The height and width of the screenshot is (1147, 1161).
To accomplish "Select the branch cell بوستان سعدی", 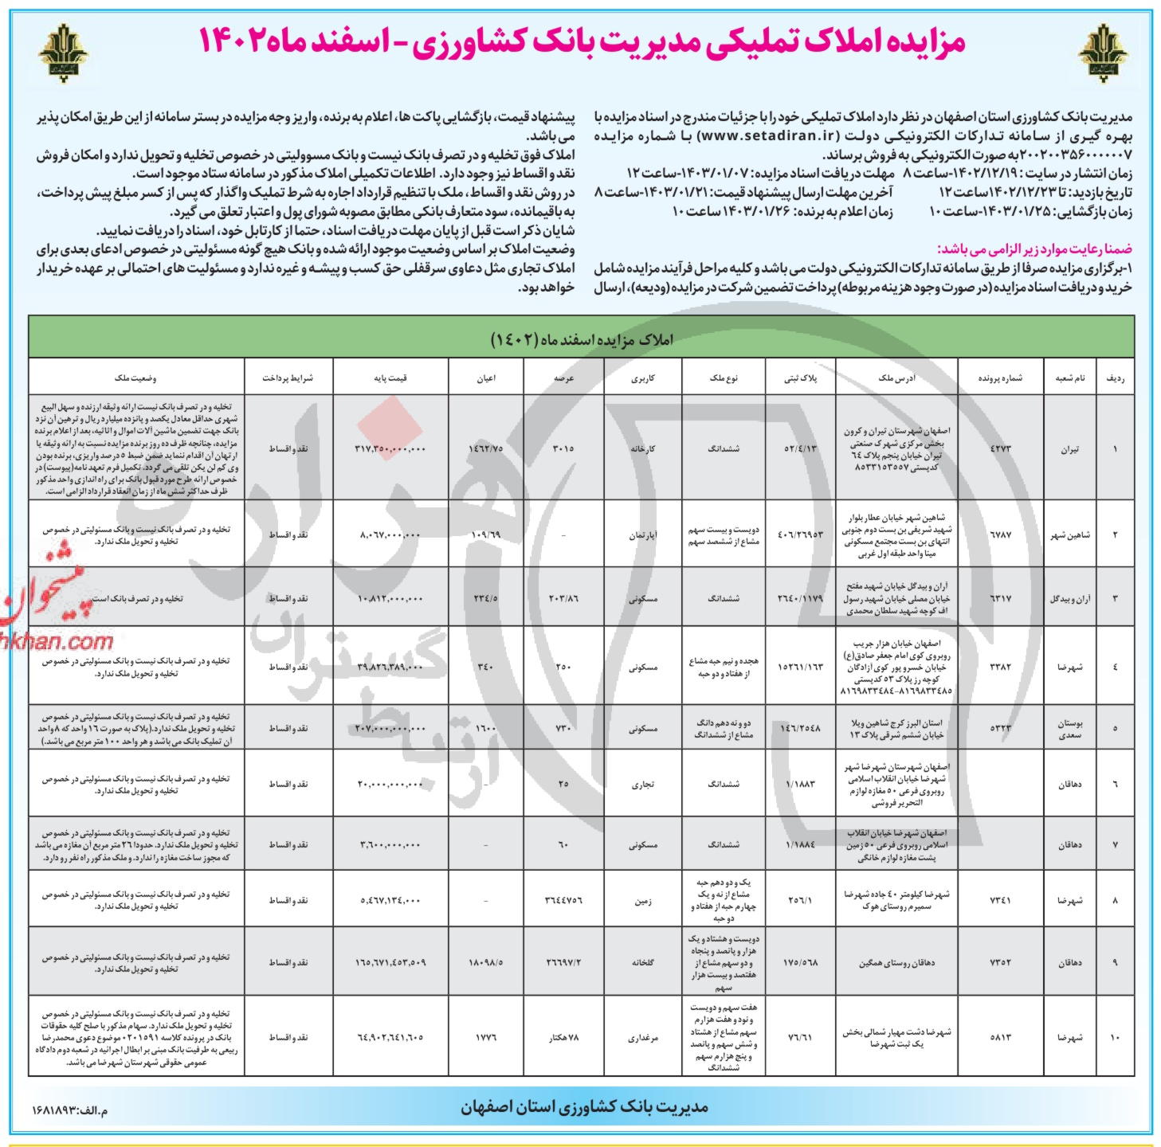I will pos(1069,728).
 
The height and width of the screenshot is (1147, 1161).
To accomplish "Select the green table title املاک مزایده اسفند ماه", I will pos(581,339).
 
